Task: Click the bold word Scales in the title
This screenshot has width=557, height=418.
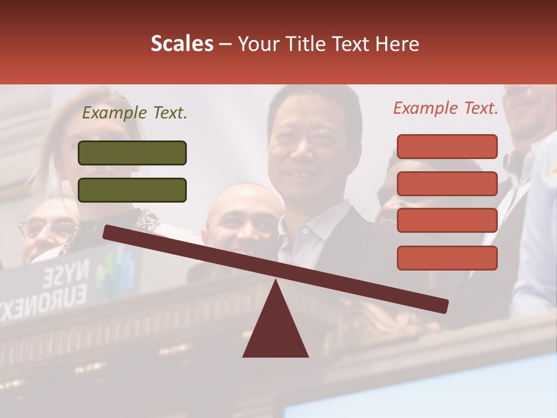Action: pos(182,44)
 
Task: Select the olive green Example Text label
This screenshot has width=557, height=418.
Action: pos(135,113)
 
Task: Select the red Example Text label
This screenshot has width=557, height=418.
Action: pos(446,108)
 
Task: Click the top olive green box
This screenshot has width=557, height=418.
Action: pos(132,153)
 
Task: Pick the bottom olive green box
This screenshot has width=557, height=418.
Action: pos(132,190)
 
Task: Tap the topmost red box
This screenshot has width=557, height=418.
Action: pos(447,146)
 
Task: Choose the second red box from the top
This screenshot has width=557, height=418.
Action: pos(447,183)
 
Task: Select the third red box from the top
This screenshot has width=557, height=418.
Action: pos(447,221)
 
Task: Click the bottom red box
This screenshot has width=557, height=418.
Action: pos(447,258)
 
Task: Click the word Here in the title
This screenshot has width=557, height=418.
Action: pos(397,44)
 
